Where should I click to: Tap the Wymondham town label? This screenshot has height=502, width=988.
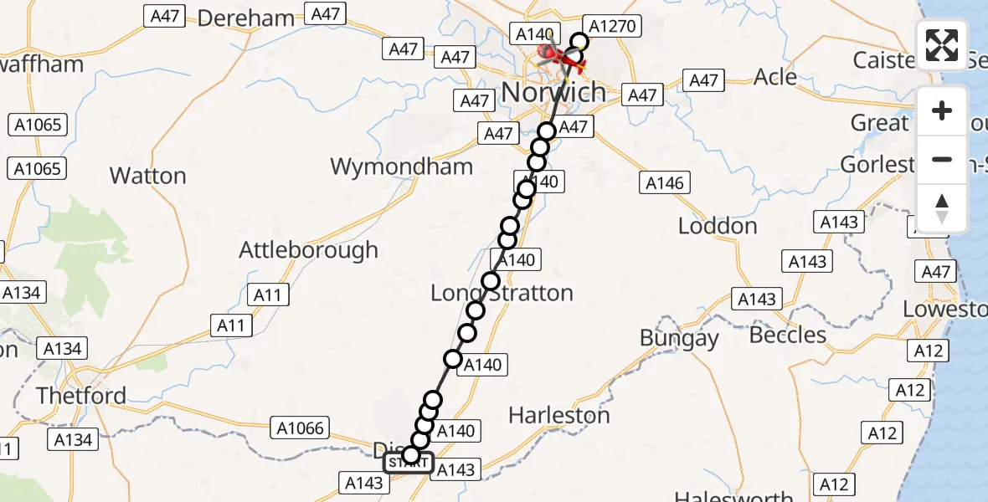402,166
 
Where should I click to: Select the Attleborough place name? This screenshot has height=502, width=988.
308,249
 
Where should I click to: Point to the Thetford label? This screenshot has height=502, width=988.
82,395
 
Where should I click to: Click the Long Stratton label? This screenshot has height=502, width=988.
502,293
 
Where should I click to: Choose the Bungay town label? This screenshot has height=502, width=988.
679,338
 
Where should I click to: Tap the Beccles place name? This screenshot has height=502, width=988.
788,335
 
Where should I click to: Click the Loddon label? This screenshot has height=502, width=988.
718,226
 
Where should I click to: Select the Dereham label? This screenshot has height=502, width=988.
246,18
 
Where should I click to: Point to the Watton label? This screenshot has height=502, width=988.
148,176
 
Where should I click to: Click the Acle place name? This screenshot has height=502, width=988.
775,77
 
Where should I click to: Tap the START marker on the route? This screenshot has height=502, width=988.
409,461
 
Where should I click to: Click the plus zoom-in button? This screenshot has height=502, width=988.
942,110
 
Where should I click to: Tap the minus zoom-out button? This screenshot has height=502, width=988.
942,159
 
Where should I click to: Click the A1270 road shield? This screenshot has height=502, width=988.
614,26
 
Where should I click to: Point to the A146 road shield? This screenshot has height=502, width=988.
665,183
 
